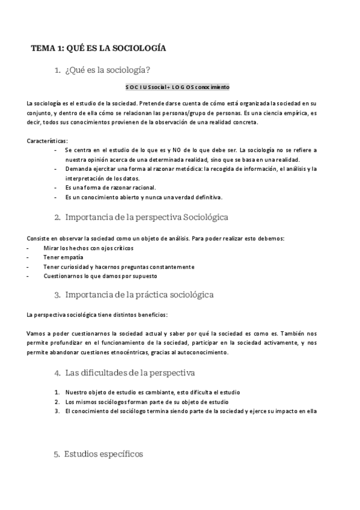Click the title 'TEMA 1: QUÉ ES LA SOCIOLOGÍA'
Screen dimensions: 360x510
(x=99, y=48)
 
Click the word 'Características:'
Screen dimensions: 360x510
(x=47, y=141)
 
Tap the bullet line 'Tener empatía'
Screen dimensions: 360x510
(x=63, y=257)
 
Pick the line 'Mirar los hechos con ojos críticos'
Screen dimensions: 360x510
(x=88, y=248)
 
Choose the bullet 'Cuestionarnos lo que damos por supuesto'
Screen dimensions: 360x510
(x=100, y=276)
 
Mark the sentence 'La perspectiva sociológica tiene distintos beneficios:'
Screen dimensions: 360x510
(x=97, y=315)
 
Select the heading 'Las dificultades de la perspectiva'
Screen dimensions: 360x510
(x=130, y=373)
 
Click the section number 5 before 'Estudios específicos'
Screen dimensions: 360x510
(x=56, y=455)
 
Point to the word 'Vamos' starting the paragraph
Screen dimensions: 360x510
(x=37, y=333)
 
